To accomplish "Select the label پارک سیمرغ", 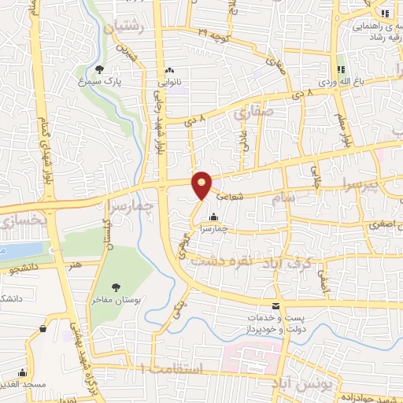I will pyautogui.click(x=99, y=82).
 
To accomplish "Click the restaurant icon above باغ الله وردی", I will pyautogui.click(x=341, y=69).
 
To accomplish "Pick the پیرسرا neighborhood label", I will pyautogui.click(x=376, y=186).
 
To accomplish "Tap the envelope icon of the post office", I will pyautogui.click(x=275, y=305).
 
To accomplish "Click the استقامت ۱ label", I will pyautogui.click(x=170, y=368).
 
